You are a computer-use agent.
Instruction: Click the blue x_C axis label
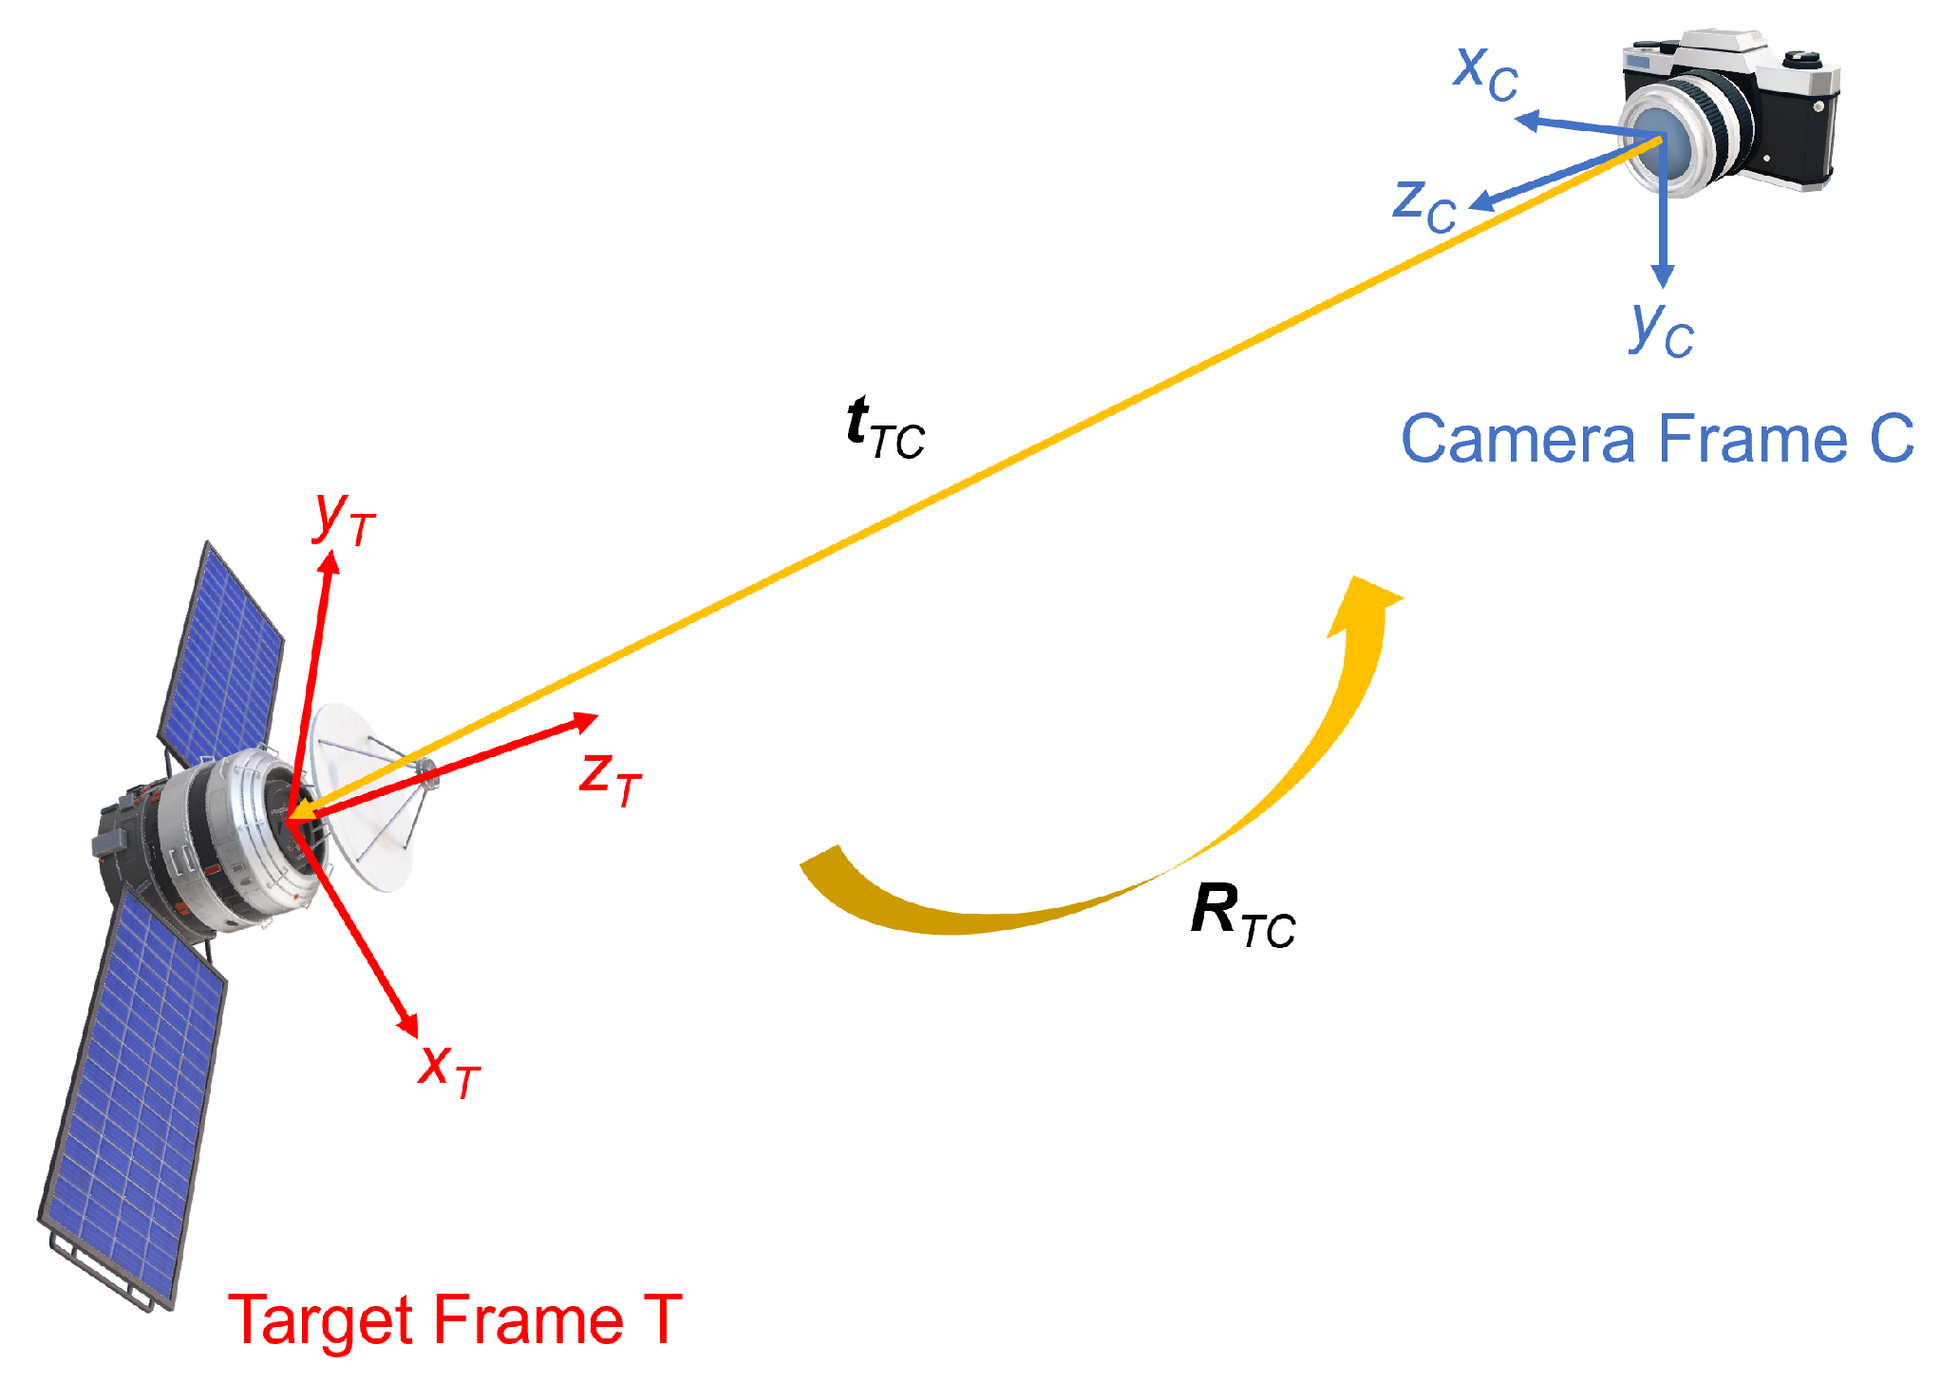pos(1485,72)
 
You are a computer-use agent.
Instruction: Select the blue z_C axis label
pos(1423,205)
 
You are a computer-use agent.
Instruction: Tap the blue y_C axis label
pos(1661,329)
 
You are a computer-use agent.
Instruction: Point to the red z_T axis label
pos(610,777)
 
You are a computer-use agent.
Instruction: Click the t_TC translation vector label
pos(884,429)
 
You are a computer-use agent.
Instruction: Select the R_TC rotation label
pos(1242,914)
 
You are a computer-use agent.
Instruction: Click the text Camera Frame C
pos(1657,439)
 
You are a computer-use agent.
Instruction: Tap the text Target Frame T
pos(455,1319)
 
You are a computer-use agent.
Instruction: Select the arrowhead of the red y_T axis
pos(330,562)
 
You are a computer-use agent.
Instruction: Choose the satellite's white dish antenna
pos(366,798)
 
